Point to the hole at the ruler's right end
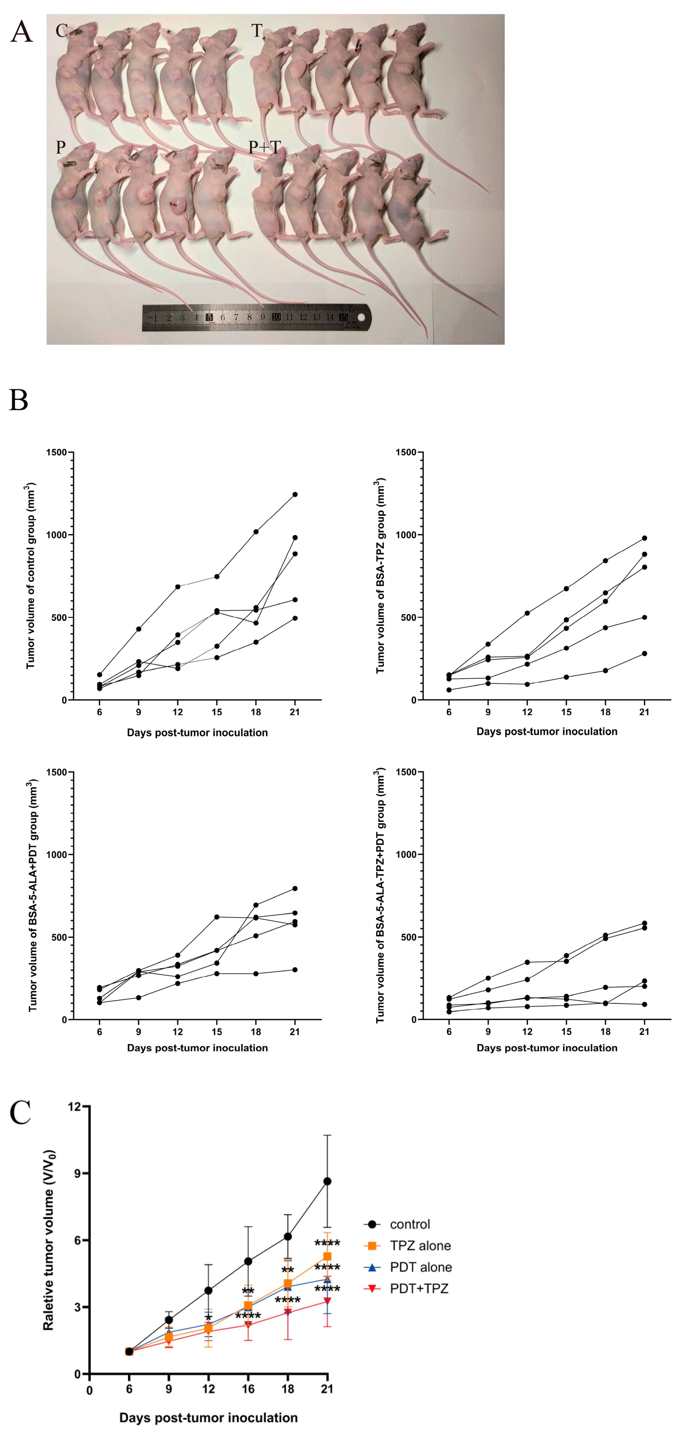coord(361,317)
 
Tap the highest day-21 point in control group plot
coord(295,494)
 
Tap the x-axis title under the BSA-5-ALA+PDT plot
coord(197,1048)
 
